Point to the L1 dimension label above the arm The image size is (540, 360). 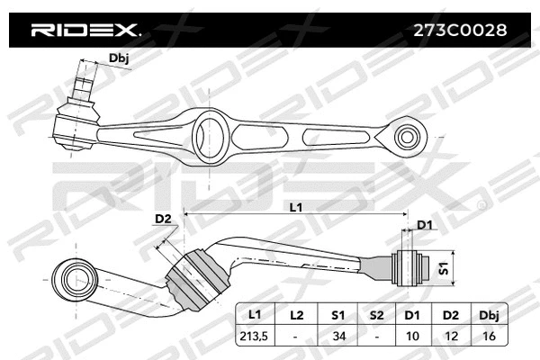click(296, 208)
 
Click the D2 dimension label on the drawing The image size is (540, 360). click(163, 219)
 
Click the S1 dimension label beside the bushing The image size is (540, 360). click(442, 268)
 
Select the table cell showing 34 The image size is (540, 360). click(337, 336)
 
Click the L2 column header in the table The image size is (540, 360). click(296, 316)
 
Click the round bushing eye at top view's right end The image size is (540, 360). click(408, 139)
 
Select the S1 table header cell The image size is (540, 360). click(337, 316)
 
